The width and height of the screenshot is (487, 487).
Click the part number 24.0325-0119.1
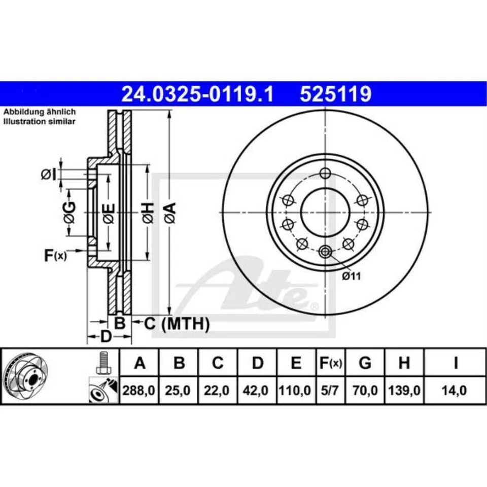(196, 94)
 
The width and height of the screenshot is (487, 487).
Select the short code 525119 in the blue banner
(336, 94)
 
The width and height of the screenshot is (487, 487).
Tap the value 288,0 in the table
(140, 390)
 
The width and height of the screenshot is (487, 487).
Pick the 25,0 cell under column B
(179, 390)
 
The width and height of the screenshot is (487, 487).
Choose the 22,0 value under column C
(218, 390)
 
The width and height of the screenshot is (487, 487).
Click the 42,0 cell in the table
(258, 390)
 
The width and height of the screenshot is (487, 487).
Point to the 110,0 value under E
(296, 390)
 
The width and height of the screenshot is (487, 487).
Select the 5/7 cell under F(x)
(329, 390)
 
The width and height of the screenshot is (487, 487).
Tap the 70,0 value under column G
(364, 390)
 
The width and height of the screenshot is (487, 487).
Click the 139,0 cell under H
(404, 390)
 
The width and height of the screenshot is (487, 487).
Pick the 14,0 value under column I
(455, 390)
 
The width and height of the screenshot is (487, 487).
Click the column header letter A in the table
(140, 363)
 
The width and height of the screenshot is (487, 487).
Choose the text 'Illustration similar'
(40, 122)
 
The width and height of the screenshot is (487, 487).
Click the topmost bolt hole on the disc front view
(325, 174)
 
